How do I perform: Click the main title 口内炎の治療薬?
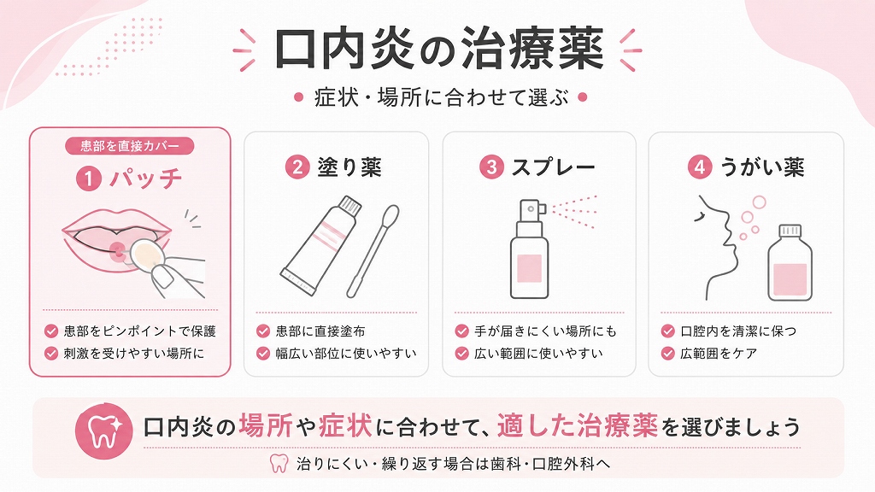click(x=438, y=50)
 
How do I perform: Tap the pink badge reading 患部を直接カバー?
click(x=130, y=146)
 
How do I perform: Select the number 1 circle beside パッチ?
click(x=89, y=179)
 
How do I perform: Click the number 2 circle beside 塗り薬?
click(x=297, y=167)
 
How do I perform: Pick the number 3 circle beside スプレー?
click(x=491, y=167)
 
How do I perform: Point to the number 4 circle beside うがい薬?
click(x=700, y=167)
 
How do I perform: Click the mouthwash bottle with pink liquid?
click(x=790, y=262)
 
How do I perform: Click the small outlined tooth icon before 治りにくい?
click(x=279, y=463)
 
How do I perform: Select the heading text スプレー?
click(x=554, y=167)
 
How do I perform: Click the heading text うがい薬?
click(x=762, y=167)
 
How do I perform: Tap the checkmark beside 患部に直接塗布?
click(x=263, y=331)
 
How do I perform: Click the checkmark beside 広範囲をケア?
click(x=667, y=353)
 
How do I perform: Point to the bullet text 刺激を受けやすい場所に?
click(x=134, y=353)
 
